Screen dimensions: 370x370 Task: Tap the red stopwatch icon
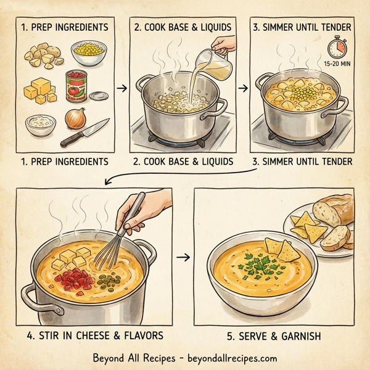pos(336,47)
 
